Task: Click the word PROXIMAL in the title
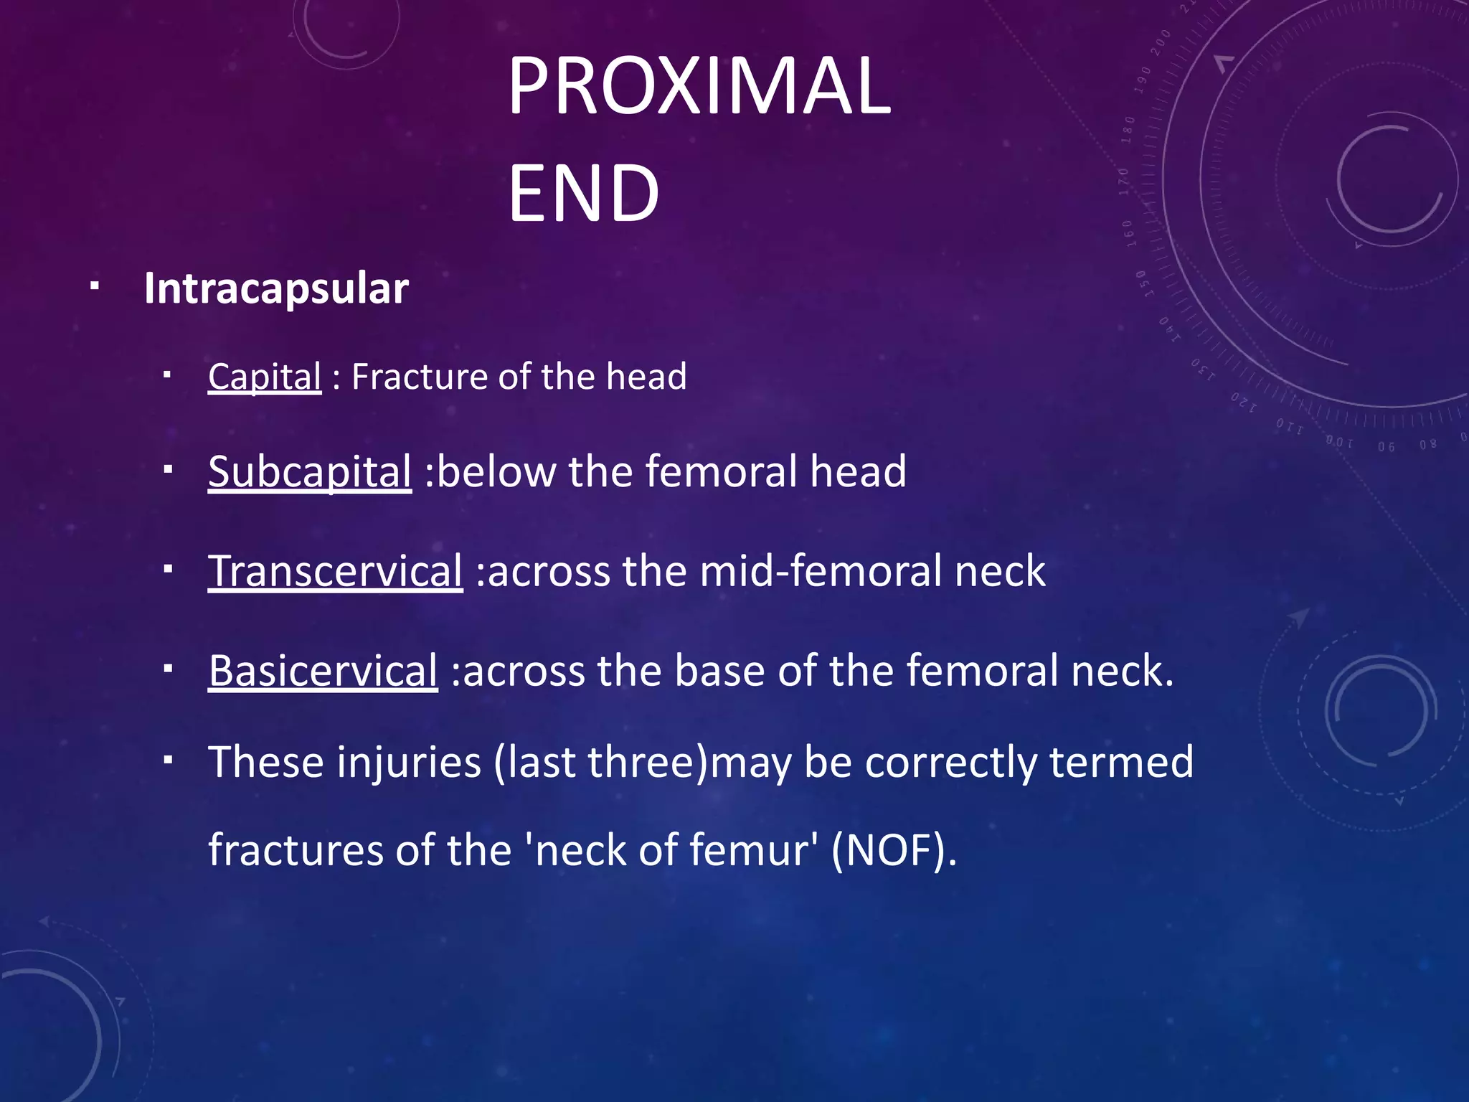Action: pyautogui.click(x=699, y=86)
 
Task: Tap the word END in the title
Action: pyautogui.click(x=582, y=192)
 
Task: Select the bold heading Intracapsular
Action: pyautogui.click(x=276, y=288)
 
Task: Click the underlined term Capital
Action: pyautogui.click(x=265, y=377)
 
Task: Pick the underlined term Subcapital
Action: pyautogui.click(x=310, y=471)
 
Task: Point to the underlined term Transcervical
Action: pyautogui.click(x=335, y=571)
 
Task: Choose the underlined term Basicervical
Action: pyautogui.click(x=323, y=671)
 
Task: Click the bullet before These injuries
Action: pyautogui.click(x=167, y=759)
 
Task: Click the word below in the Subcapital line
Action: pyautogui.click(x=496, y=471)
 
